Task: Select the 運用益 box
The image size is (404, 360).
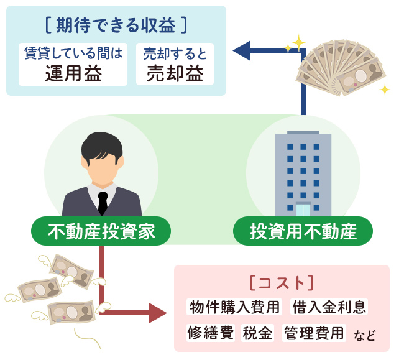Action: pos(73,65)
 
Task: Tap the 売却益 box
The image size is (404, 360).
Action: pos(175,65)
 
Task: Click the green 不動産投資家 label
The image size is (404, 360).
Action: pos(101,231)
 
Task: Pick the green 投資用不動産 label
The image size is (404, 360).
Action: pos(303,231)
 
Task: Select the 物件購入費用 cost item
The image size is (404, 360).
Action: pos(236,307)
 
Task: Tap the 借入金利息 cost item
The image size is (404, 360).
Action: pos(329,307)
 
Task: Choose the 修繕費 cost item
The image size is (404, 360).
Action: pos(210,333)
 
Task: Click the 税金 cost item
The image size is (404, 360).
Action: pos(258,333)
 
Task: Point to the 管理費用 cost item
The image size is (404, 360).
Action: pos(314,333)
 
